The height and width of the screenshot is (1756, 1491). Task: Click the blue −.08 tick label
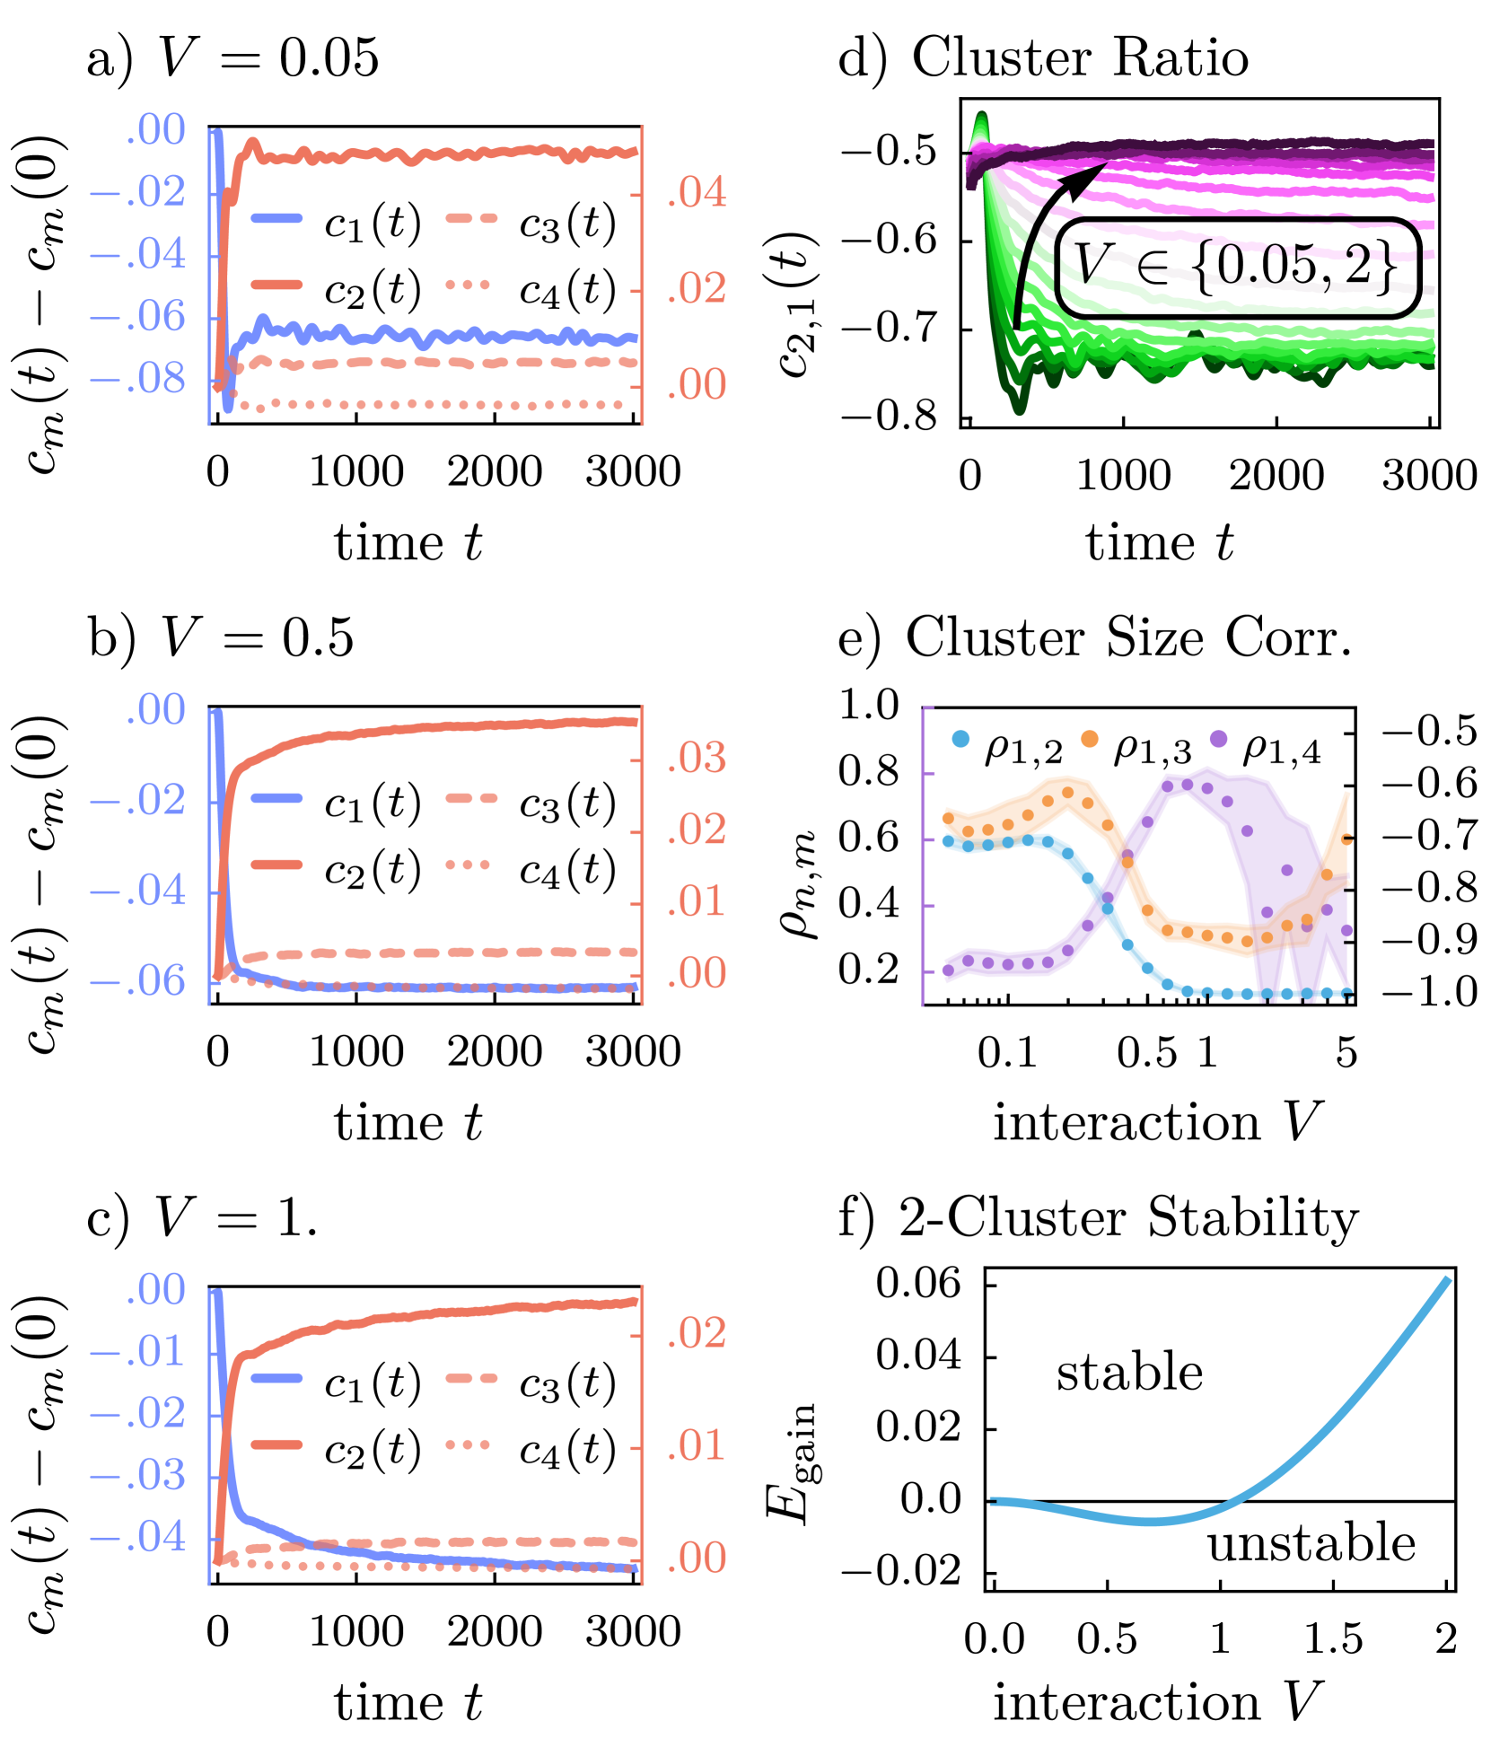[138, 380]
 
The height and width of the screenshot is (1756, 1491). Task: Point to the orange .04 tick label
[697, 194]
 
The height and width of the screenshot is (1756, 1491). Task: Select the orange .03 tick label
[697, 759]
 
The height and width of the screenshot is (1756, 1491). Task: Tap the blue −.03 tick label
[138, 1476]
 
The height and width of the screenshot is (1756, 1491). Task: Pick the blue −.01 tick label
[138, 1352]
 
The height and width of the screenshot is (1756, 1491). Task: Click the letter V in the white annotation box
[1092, 266]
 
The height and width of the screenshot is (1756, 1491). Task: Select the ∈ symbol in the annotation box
[1153, 268]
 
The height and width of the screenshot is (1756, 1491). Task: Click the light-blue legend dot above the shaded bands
[960, 739]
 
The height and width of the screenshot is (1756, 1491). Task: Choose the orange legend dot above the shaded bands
[1089, 739]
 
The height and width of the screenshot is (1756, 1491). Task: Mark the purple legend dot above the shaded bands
[1218, 739]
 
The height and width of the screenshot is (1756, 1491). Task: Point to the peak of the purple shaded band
[1207, 770]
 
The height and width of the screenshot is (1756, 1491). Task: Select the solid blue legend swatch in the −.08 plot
[276, 218]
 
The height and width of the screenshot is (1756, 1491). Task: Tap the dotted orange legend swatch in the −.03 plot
[468, 1444]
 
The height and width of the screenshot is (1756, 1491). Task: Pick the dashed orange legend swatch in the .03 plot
[471, 798]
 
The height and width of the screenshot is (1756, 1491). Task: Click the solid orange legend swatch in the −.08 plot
[276, 285]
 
